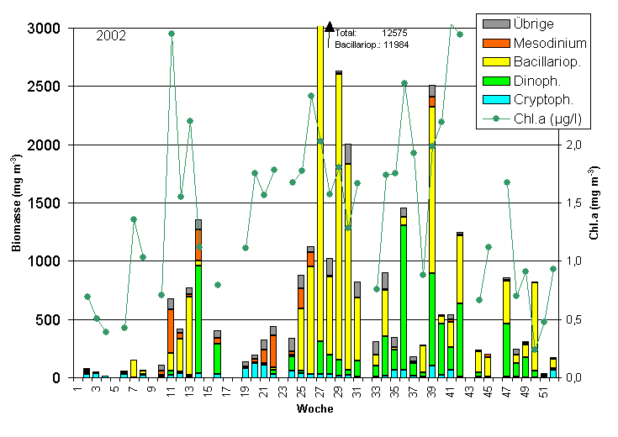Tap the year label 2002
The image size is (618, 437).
111,36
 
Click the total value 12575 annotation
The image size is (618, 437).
394,32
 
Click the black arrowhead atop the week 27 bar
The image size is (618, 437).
330,27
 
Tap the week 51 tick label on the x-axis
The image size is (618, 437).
544,391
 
